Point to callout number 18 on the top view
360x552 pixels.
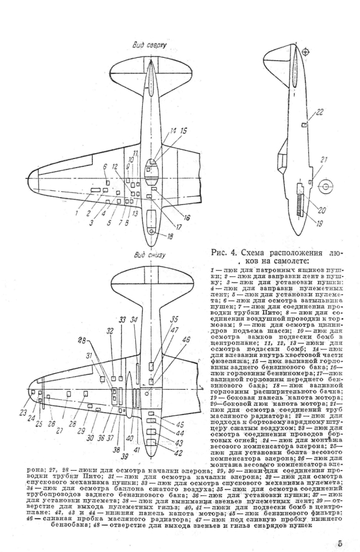[170, 236]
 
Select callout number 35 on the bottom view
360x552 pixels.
[174, 318]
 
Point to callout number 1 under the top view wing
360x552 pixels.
[77, 213]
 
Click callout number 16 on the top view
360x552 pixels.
[187, 217]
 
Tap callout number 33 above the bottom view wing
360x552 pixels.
[122, 319]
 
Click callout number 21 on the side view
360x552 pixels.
[323, 160]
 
